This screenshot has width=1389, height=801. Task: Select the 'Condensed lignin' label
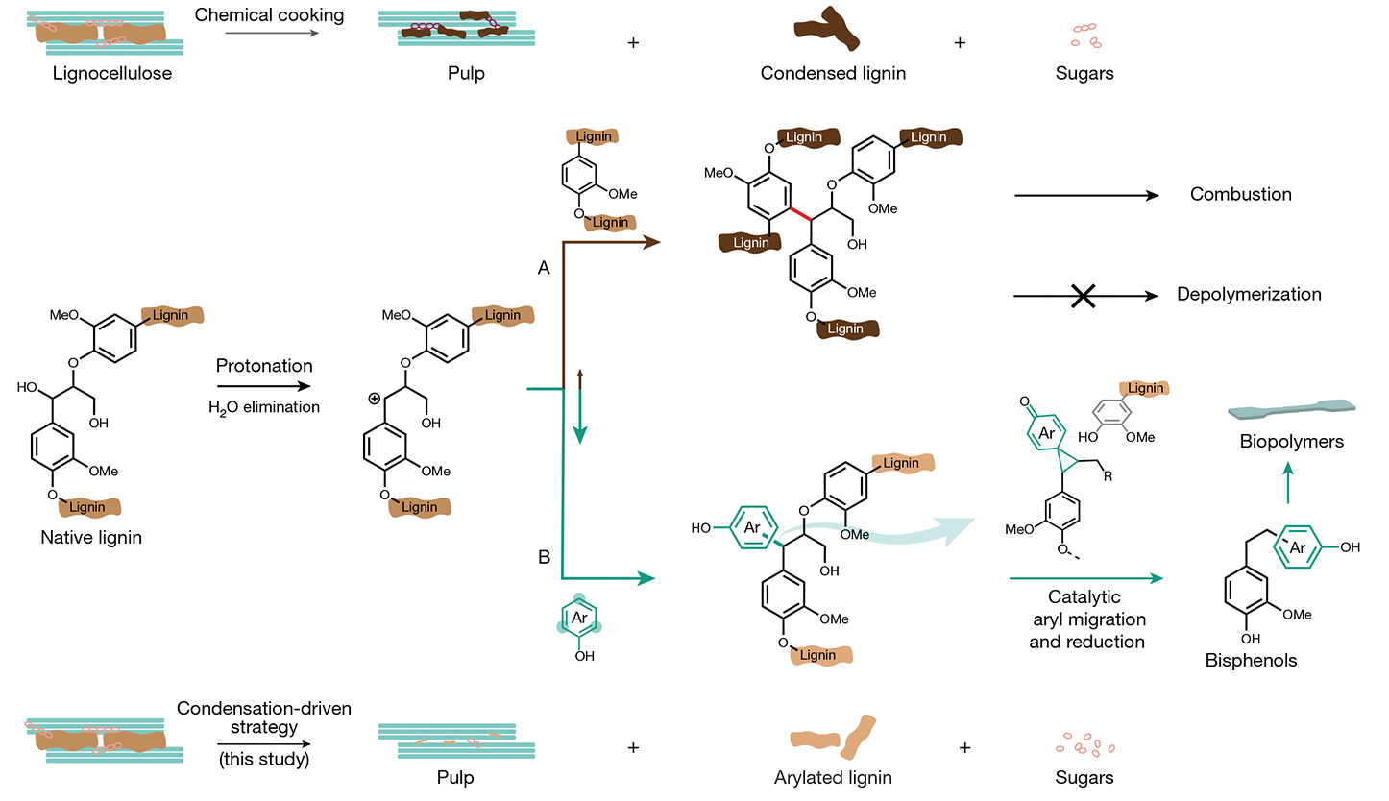pyautogui.click(x=833, y=73)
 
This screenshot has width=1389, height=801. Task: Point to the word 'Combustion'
pyautogui.click(x=1240, y=194)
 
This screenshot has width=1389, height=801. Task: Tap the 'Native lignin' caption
pyautogui.click(x=91, y=537)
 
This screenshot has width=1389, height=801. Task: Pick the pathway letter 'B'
pyautogui.click(x=543, y=556)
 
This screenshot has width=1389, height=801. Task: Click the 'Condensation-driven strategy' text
pyautogui.click(x=263, y=718)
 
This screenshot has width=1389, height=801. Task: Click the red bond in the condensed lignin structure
pyautogui.click(x=797, y=210)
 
